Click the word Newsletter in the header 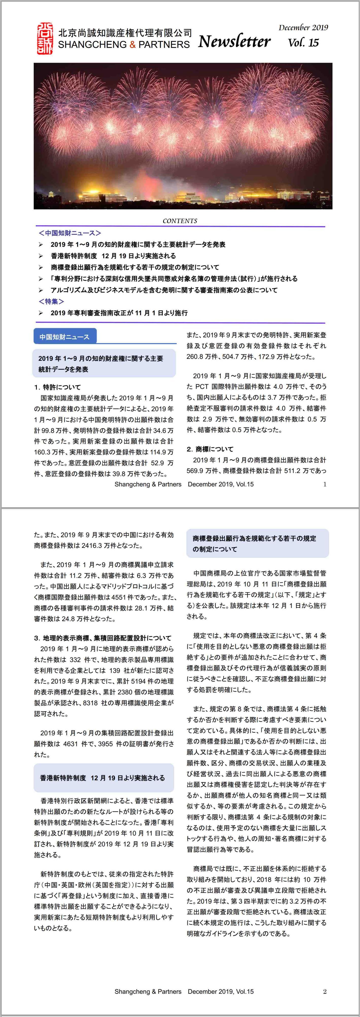[x=234, y=41]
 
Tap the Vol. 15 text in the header [x=303, y=43]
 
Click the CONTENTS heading [x=180, y=221]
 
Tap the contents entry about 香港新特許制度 [x=113, y=256]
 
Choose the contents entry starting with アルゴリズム [x=164, y=290]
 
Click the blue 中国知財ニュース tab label [x=64, y=337]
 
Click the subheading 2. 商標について [x=210, y=449]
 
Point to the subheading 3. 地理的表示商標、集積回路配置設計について [x=103, y=638]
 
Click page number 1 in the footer [x=324, y=484]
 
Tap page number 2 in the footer [x=324, y=991]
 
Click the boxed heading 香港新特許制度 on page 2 [x=102, y=778]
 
